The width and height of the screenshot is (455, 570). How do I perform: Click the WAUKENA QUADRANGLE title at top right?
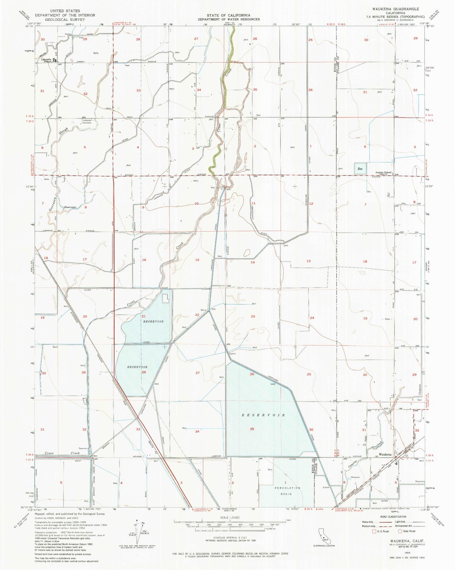tap(400, 9)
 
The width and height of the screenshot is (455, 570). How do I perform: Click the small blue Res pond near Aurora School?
tap(360, 169)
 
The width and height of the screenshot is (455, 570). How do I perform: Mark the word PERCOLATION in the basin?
tap(286, 488)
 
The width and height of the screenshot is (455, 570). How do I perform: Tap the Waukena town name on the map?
tap(385, 455)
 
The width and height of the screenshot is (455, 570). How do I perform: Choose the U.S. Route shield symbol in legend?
tap(374, 531)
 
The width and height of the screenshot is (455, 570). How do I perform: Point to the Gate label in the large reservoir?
tap(273, 384)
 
